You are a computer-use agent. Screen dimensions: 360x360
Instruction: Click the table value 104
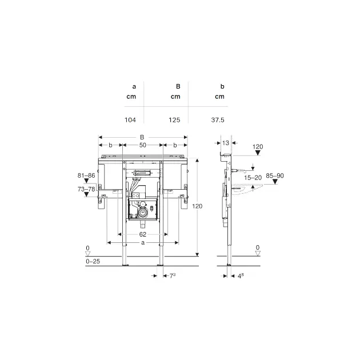[130, 120]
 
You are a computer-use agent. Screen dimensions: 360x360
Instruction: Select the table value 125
[174, 120]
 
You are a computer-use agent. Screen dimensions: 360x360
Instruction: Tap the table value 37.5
[218, 120]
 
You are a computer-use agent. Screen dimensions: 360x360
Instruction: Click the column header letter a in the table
[134, 87]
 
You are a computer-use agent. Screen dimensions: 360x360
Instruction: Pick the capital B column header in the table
[178, 86]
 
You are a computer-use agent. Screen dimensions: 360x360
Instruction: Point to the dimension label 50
[143, 145]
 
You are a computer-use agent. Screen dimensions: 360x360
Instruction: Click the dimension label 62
[143, 234]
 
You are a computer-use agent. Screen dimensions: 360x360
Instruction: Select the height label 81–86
[86, 175]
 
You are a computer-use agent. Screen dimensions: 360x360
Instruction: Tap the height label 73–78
[86, 189]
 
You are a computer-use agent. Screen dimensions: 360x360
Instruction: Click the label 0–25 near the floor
[93, 261]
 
